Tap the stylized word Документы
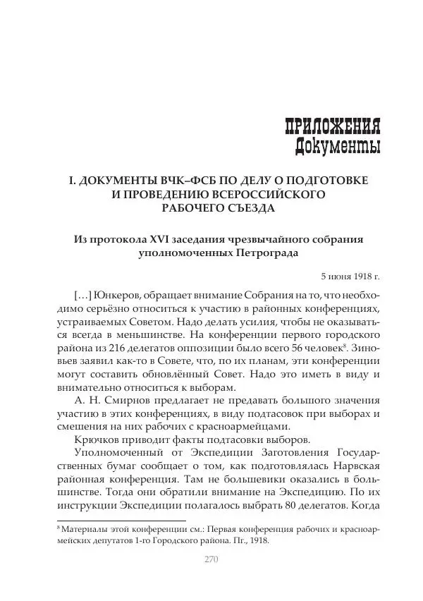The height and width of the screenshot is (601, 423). [338, 146]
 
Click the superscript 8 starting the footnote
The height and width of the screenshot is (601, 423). [58, 527]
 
